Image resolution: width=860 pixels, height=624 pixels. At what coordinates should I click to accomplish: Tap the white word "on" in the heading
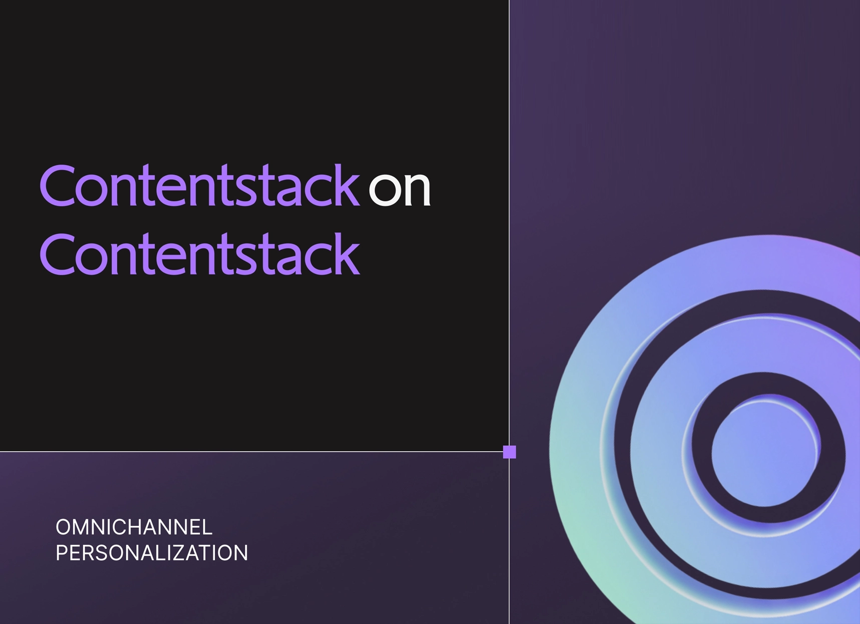click(x=399, y=189)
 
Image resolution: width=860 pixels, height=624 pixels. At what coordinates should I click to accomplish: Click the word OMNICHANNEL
click(x=134, y=527)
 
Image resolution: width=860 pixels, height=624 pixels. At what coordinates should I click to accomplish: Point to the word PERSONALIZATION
click(x=152, y=553)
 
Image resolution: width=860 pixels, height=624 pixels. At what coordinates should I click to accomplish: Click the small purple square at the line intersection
click(x=509, y=452)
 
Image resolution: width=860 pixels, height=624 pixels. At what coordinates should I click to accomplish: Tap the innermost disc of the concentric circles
click(x=765, y=452)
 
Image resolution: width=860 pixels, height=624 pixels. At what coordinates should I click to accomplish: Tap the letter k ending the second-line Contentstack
click(x=346, y=253)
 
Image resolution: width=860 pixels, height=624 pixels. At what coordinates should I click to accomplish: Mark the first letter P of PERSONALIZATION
click(x=62, y=553)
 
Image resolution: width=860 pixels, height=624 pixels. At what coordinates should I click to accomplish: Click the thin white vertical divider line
click(x=509, y=312)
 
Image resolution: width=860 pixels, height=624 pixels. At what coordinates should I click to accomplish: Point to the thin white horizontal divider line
click(x=254, y=452)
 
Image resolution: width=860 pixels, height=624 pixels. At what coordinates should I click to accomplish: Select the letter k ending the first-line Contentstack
click(x=346, y=185)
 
